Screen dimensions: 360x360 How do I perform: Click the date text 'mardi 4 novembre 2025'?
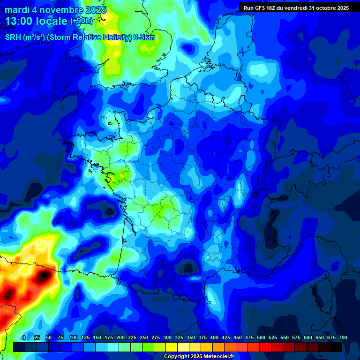(55, 10)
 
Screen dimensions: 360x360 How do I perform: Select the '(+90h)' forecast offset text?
(81, 21)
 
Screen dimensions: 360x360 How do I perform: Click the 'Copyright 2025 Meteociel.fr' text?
(199, 357)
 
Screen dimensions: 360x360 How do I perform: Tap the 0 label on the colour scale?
(24, 337)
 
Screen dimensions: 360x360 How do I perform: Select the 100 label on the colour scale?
(74, 337)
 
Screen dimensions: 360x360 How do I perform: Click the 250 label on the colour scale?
(144, 337)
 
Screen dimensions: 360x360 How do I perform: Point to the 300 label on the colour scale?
(167, 337)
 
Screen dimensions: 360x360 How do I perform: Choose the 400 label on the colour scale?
(214, 337)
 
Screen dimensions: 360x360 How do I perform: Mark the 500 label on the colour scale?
(261, 337)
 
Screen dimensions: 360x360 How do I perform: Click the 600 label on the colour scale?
(308, 337)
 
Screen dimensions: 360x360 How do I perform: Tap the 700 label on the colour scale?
(343, 337)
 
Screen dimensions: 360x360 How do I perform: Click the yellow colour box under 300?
(172, 347)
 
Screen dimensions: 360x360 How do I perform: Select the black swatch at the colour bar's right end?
(336, 347)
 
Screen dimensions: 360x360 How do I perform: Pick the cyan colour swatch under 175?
(113, 347)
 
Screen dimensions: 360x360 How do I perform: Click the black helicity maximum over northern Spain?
(43, 275)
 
